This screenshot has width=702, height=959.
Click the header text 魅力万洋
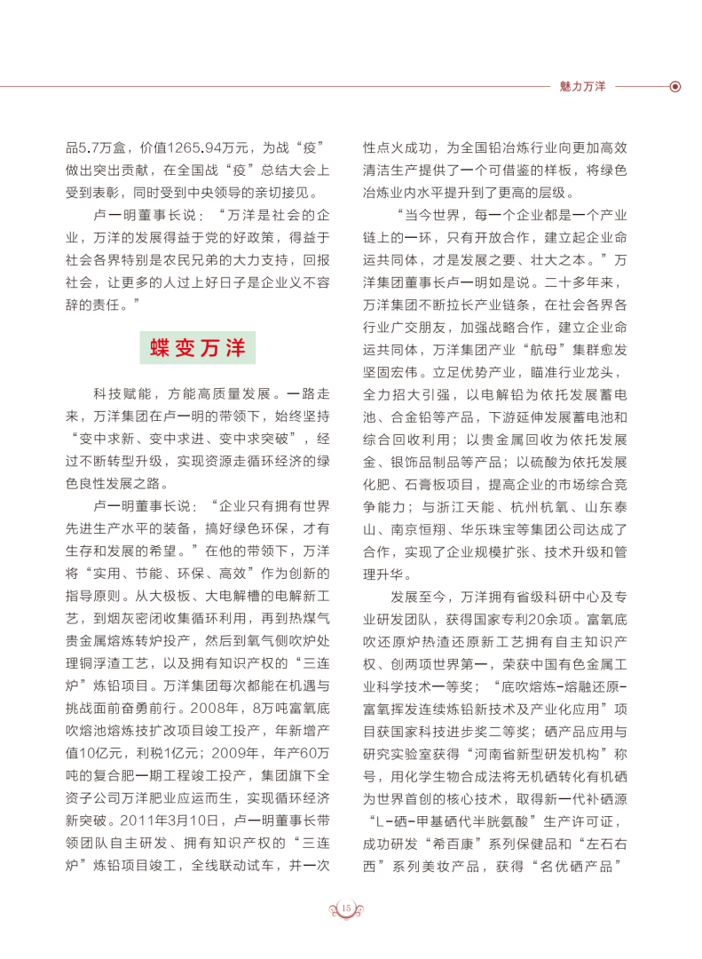point(582,87)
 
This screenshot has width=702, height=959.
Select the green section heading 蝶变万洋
point(197,347)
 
